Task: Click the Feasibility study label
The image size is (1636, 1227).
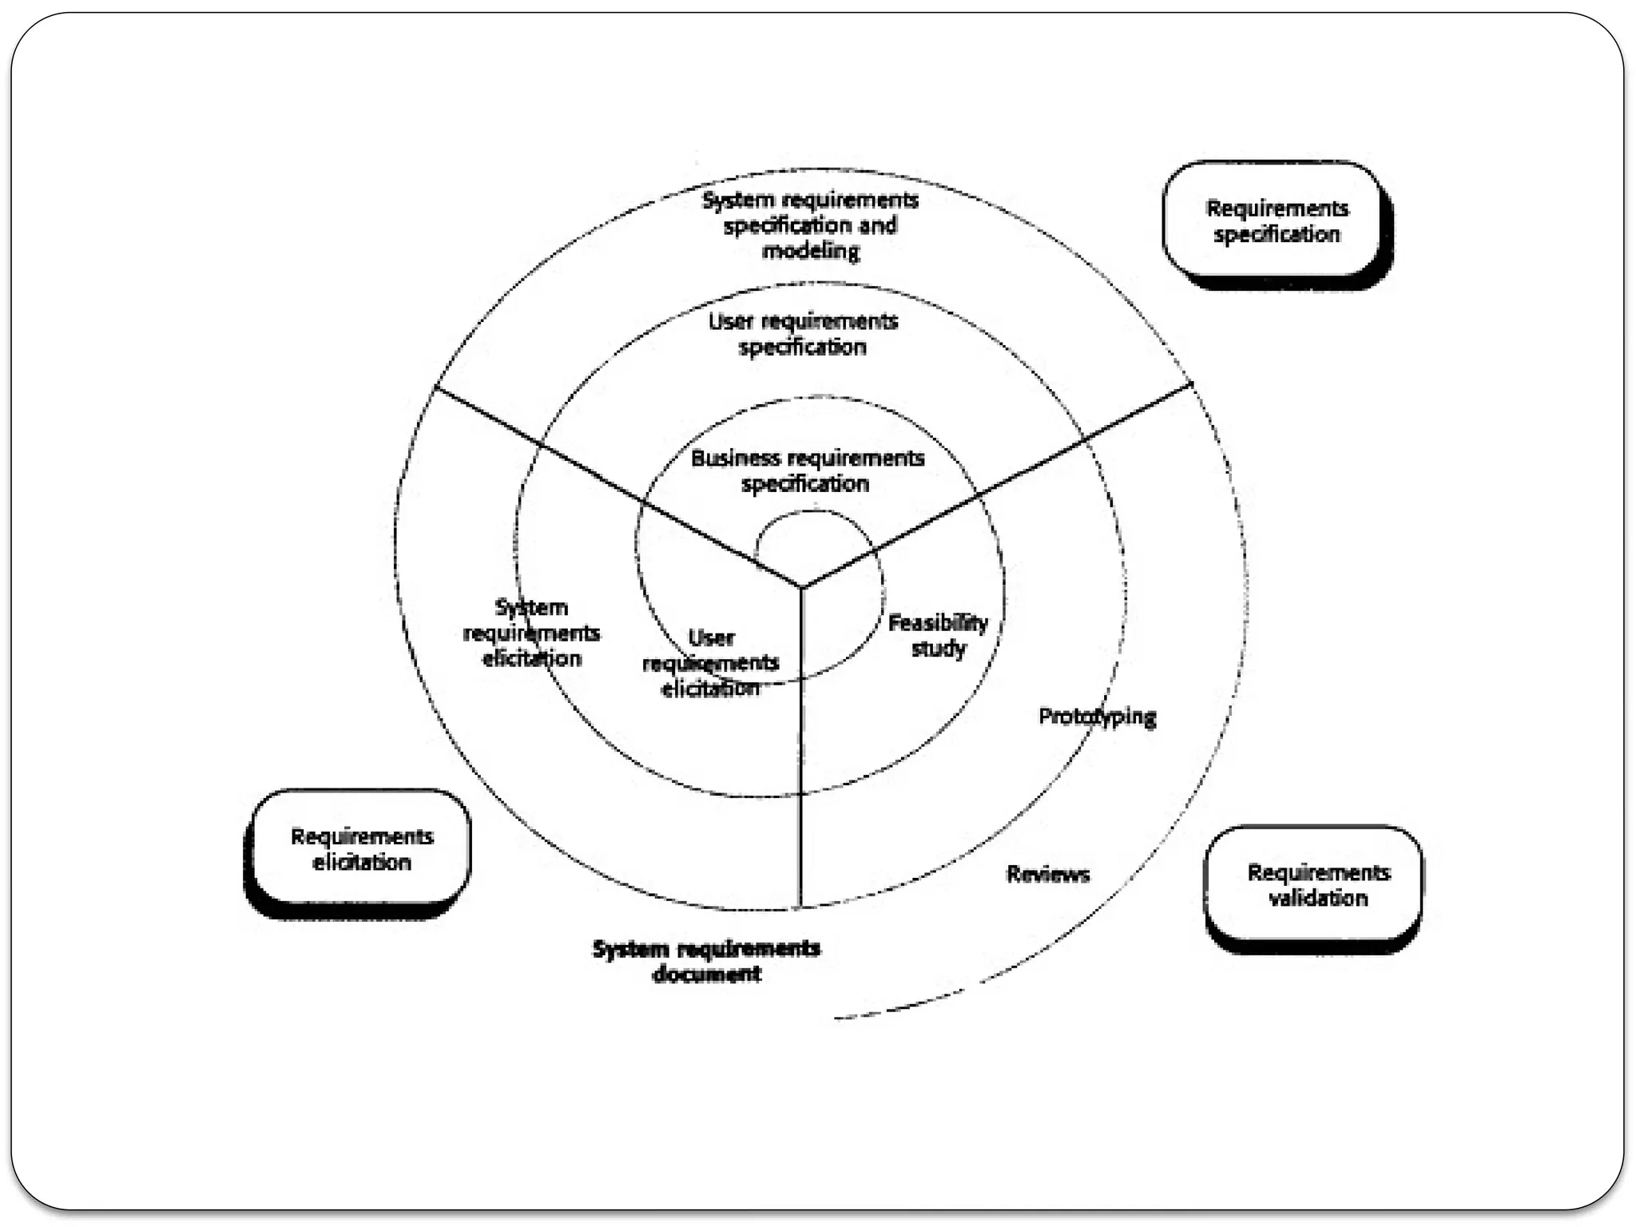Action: (938, 635)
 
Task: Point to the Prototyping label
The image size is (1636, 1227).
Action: (1097, 717)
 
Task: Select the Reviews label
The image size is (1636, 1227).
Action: (1047, 875)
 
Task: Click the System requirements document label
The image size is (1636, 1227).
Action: (706, 961)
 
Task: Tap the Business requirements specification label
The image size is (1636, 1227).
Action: (807, 471)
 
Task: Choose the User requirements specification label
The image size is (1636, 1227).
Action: (803, 334)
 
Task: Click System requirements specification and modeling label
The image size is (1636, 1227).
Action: (810, 225)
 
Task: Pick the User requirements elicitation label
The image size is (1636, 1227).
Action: (710, 663)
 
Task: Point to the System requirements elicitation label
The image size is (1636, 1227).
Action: (531, 633)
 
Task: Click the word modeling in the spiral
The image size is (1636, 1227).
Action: (811, 252)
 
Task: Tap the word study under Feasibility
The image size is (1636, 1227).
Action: (939, 649)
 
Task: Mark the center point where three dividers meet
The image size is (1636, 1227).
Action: (801, 588)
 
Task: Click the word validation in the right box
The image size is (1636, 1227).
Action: (1318, 899)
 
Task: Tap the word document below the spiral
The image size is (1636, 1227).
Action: (707, 975)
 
